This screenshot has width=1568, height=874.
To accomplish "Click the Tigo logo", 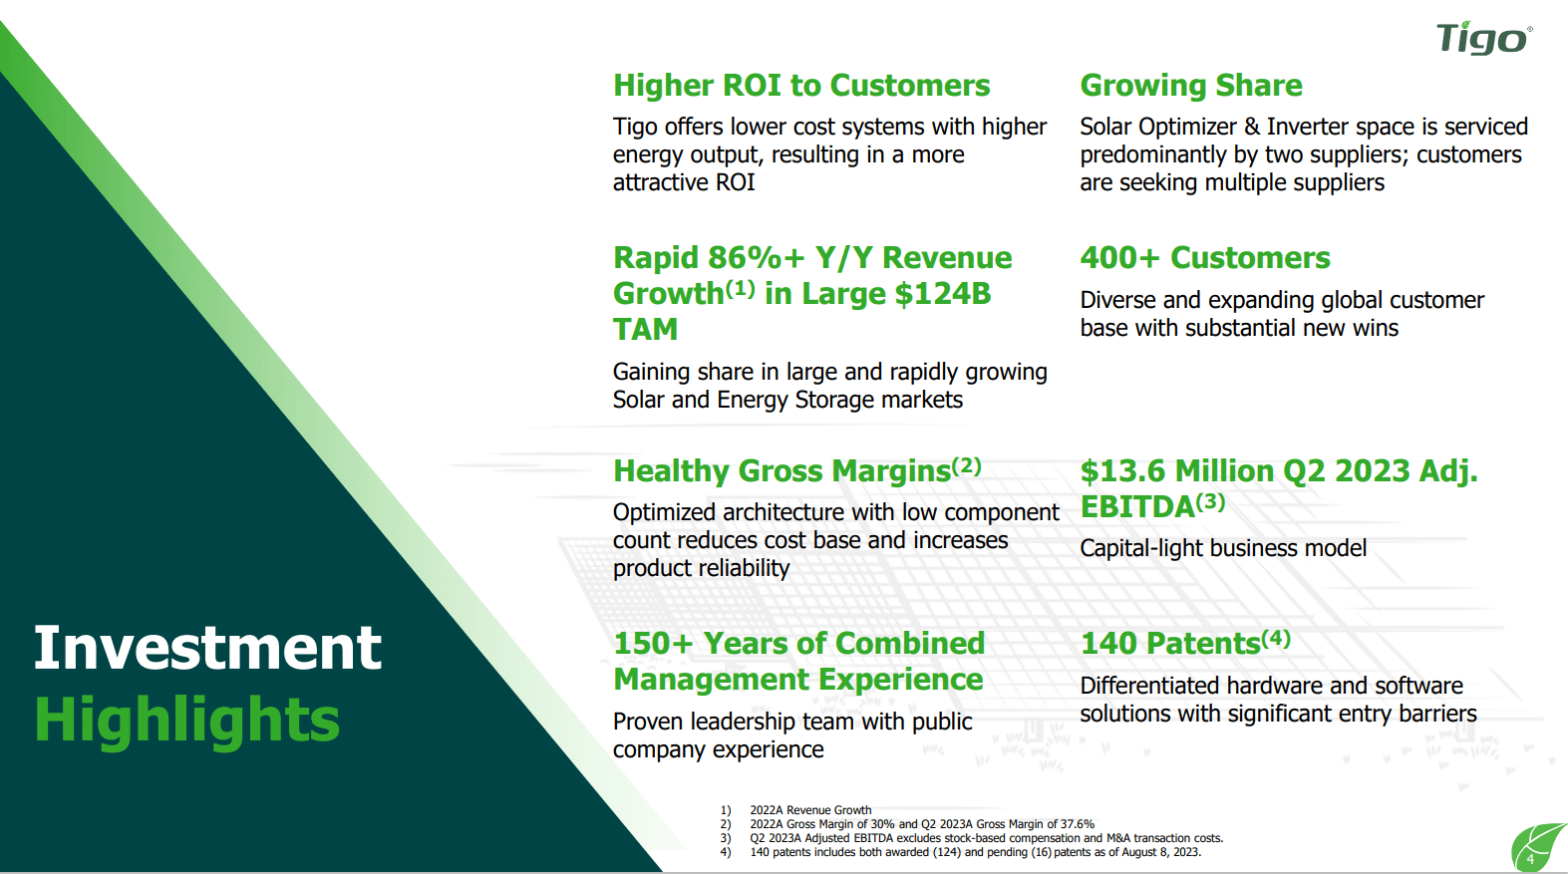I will (x=1483, y=38).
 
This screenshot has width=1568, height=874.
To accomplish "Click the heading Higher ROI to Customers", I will (x=800, y=86).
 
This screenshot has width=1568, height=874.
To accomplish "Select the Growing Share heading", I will (x=1190, y=86).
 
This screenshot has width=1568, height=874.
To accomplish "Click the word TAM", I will (x=645, y=330).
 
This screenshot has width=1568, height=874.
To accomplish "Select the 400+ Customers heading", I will (x=1204, y=258).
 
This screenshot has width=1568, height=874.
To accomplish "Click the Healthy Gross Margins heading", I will (x=783, y=471).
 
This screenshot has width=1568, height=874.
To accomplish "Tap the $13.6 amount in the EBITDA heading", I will (x=1123, y=471).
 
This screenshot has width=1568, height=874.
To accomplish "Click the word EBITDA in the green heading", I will (x=1137, y=507).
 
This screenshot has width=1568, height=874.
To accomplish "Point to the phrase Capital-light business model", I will (x=1223, y=548).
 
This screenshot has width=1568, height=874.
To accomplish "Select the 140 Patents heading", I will (x=1170, y=644).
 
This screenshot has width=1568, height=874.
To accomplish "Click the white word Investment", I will (x=207, y=649).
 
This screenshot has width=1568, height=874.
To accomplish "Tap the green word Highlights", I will (x=187, y=721).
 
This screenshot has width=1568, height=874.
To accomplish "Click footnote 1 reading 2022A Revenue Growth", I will (x=809, y=810).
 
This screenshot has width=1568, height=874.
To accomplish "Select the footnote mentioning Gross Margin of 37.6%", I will (x=921, y=824).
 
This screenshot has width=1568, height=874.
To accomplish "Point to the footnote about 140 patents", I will (x=974, y=852).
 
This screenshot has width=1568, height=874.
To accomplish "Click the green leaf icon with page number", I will (x=1536, y=848).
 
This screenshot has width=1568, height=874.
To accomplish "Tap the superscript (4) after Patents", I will (x=1276, y=639).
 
